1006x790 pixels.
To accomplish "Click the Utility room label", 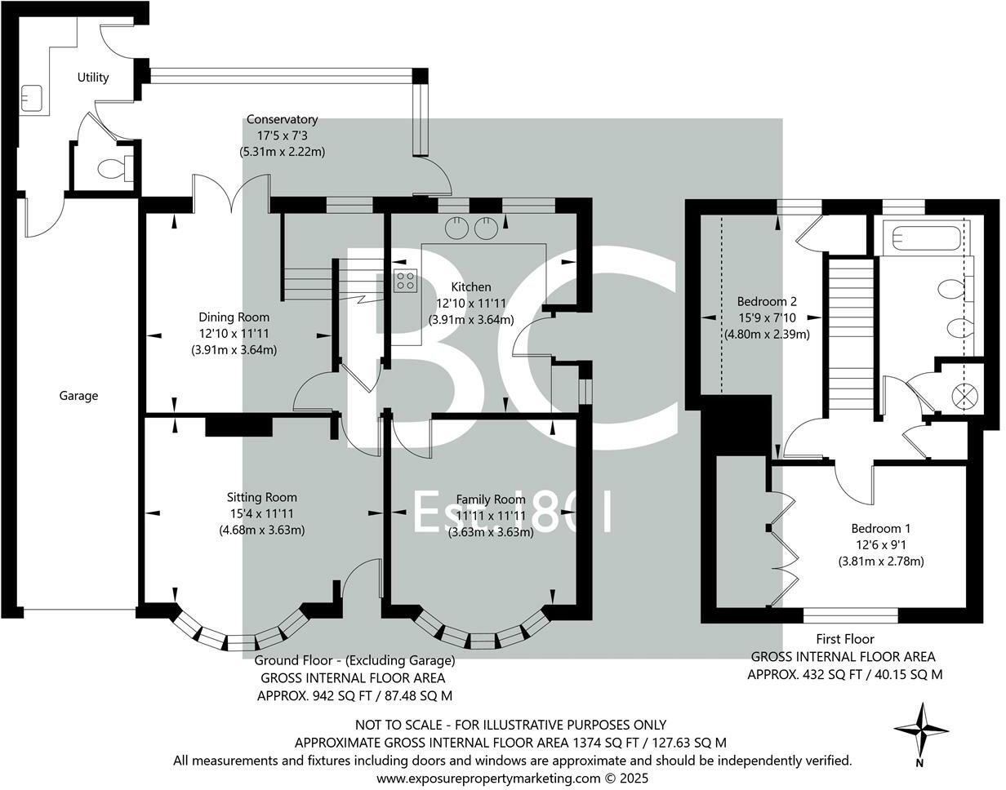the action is click(93, 78).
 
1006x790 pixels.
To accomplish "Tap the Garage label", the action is click(78, 396).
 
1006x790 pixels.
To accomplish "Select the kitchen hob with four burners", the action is click(405, 281).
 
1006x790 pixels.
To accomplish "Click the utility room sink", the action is click(31, 98).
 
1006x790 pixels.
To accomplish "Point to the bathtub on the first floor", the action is click(921, 237).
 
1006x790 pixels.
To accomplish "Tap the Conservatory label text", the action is click(282, 119).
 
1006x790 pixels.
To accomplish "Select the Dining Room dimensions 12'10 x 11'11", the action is click(234, 334).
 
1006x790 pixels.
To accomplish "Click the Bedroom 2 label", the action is click(767, 302).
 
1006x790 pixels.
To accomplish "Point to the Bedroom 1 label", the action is click(881, 528).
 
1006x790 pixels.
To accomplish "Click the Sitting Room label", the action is click(261, 497).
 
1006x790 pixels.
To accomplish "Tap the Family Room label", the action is click(491, 499).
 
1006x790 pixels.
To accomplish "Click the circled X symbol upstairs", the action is click(964, 397).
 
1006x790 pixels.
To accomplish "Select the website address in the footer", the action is click(512, 779).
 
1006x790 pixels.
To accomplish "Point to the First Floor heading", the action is click(845, 639).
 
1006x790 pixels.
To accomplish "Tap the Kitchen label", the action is click(471, 286).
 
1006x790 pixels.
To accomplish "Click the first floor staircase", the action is click(851, 336).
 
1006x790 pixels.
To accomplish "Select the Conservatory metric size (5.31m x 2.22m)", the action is click(283, 151).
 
